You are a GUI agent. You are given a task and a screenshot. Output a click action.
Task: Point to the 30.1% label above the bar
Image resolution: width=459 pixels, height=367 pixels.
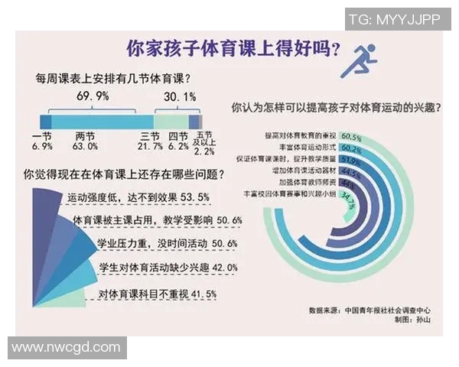pyautogui.click(x=181, y=96)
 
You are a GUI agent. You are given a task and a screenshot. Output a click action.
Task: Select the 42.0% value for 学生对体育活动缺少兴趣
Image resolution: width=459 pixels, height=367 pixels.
pyautogui.click(x=219, y=268)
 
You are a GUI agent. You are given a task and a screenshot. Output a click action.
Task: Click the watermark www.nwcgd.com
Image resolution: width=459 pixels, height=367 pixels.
pyautogui.click(x=67, y=348)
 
